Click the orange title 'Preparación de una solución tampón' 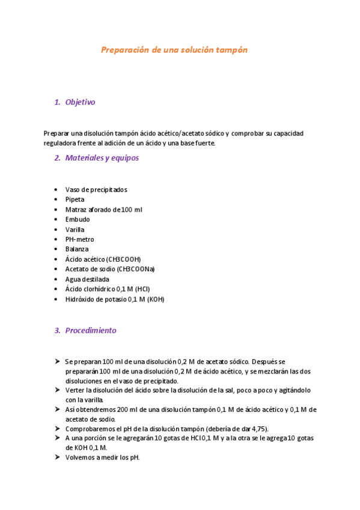[174, 51]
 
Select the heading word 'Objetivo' [80, 102]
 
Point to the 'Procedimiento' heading [91, 331]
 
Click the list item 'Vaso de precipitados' [96, 190]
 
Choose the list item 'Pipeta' [75, 200]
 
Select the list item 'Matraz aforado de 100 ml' [103, 210]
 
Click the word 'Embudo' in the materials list [78, 220]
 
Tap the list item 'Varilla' [75, 230]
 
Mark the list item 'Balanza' [77, 249]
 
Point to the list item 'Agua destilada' [87, 279]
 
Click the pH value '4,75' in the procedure [257, 429]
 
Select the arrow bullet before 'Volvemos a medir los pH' [56, 457]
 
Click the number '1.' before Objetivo [57, 102]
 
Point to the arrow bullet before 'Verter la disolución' [56, 390]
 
